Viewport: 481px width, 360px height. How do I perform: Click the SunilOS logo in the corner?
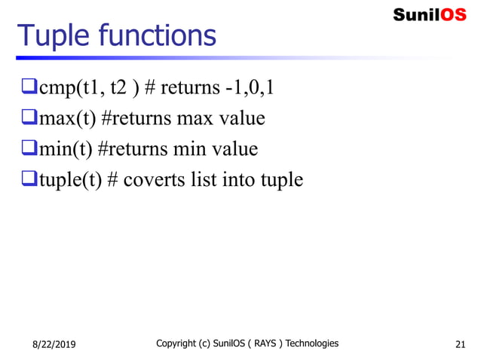[429, 14]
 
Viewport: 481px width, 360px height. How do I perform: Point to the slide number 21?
[461, 345]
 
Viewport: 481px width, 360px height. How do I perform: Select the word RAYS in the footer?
[260, 343]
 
